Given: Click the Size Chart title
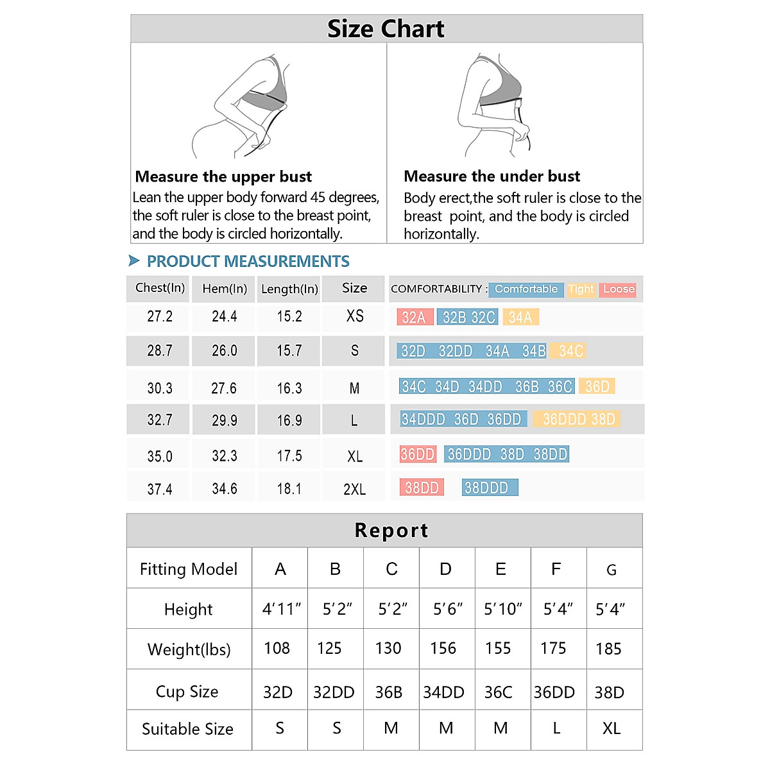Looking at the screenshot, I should click(386, 29).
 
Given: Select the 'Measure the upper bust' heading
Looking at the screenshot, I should click(223, 176).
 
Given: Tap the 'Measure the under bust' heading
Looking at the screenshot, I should click(492, 176).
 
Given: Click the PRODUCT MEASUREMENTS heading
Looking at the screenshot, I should click(248, 261).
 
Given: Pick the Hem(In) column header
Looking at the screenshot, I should click(225, 289).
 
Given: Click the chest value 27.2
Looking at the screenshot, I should click(160, 316).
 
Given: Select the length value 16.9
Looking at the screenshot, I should click(289, 420).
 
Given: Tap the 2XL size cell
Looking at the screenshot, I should click(354, 489).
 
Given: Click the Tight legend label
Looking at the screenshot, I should click(581, 289).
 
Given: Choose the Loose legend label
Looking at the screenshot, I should click(619, 289).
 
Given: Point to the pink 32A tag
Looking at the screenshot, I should click(415, 317).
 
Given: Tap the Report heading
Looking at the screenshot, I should click(391, 531).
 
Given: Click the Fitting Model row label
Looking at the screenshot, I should click(189, 569).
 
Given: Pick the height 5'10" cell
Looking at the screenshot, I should click(502, 609).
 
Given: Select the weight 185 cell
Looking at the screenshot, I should click(608, 649).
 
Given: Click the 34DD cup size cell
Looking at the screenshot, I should click(443, 692).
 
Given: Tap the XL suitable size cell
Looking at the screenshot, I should click(611, 728).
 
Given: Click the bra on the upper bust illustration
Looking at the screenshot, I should click(269, 90).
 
